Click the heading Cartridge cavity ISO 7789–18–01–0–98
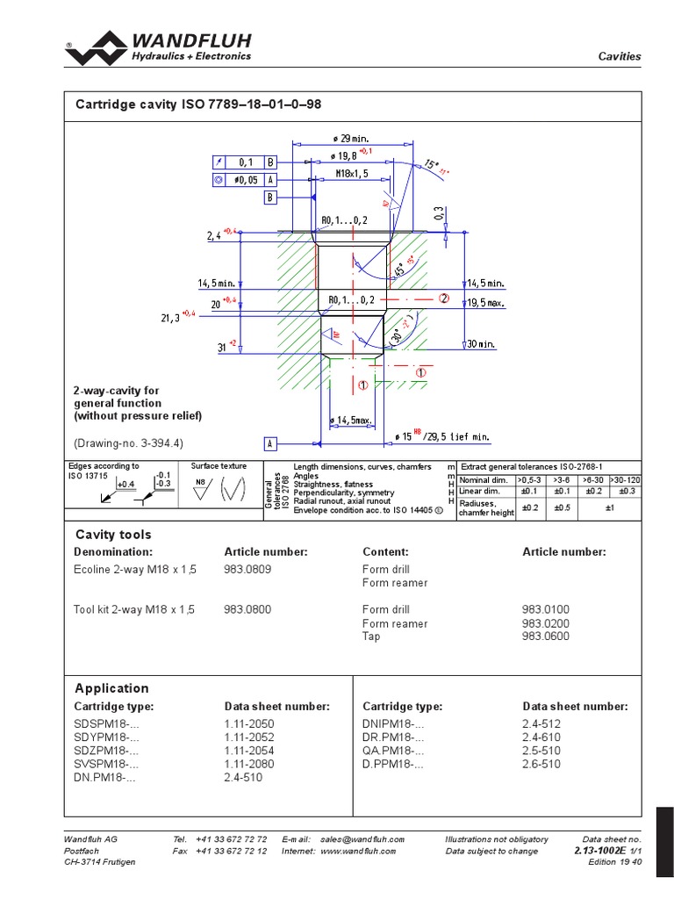[x=198, y=104]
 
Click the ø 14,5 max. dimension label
[x=351, y=422]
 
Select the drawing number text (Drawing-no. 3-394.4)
[x=134, y=442]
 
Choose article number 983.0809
[x=247, y=570]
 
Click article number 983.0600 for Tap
[x=546, y=636]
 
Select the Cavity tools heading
[x=112, y=535]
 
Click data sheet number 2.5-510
[x=541, y=752]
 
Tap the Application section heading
[x=111, y=688]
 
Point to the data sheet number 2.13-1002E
[x=599, y=851]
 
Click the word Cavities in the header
[x=620, y=56]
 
